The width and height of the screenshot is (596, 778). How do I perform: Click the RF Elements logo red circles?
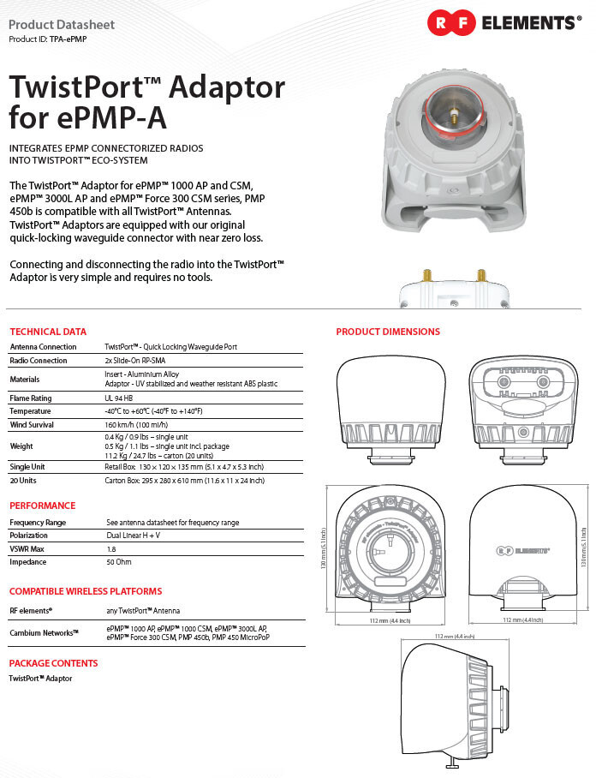pyautogui.click(x=451, y=23)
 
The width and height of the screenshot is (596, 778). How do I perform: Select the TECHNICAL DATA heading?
pyautogui.click(x=48, y=332)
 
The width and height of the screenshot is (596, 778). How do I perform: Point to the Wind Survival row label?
pyautogui.click(x=34, y=424)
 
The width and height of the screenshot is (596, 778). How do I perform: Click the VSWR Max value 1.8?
pyautogui.click(x=110, y=548)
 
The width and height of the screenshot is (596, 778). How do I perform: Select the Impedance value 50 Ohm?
pyautogui.click(x=118, y=562)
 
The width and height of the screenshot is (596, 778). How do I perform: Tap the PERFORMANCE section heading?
pyautogui.click(x=43, y=506)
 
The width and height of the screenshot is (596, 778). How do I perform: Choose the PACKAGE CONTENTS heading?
pyautogui.click(x=53, y=663)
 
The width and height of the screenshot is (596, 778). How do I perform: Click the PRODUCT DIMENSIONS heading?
pyautogui.click(x=388, y=332)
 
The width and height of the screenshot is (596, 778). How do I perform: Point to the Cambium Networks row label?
pyautogui.click(x=44, y=632)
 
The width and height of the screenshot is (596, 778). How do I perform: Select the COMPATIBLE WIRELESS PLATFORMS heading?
pyautogui.click(x=86, y=591)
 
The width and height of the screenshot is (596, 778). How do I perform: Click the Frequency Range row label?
pyautogui.click(x=38, y=522)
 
